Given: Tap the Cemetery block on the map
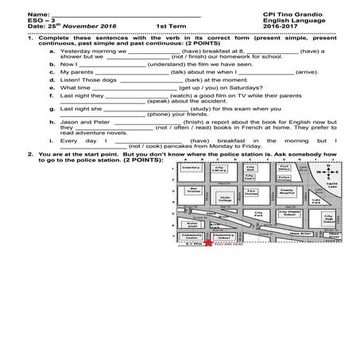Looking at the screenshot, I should point(189,169).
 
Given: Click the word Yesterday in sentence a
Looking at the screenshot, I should point(75,51).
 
